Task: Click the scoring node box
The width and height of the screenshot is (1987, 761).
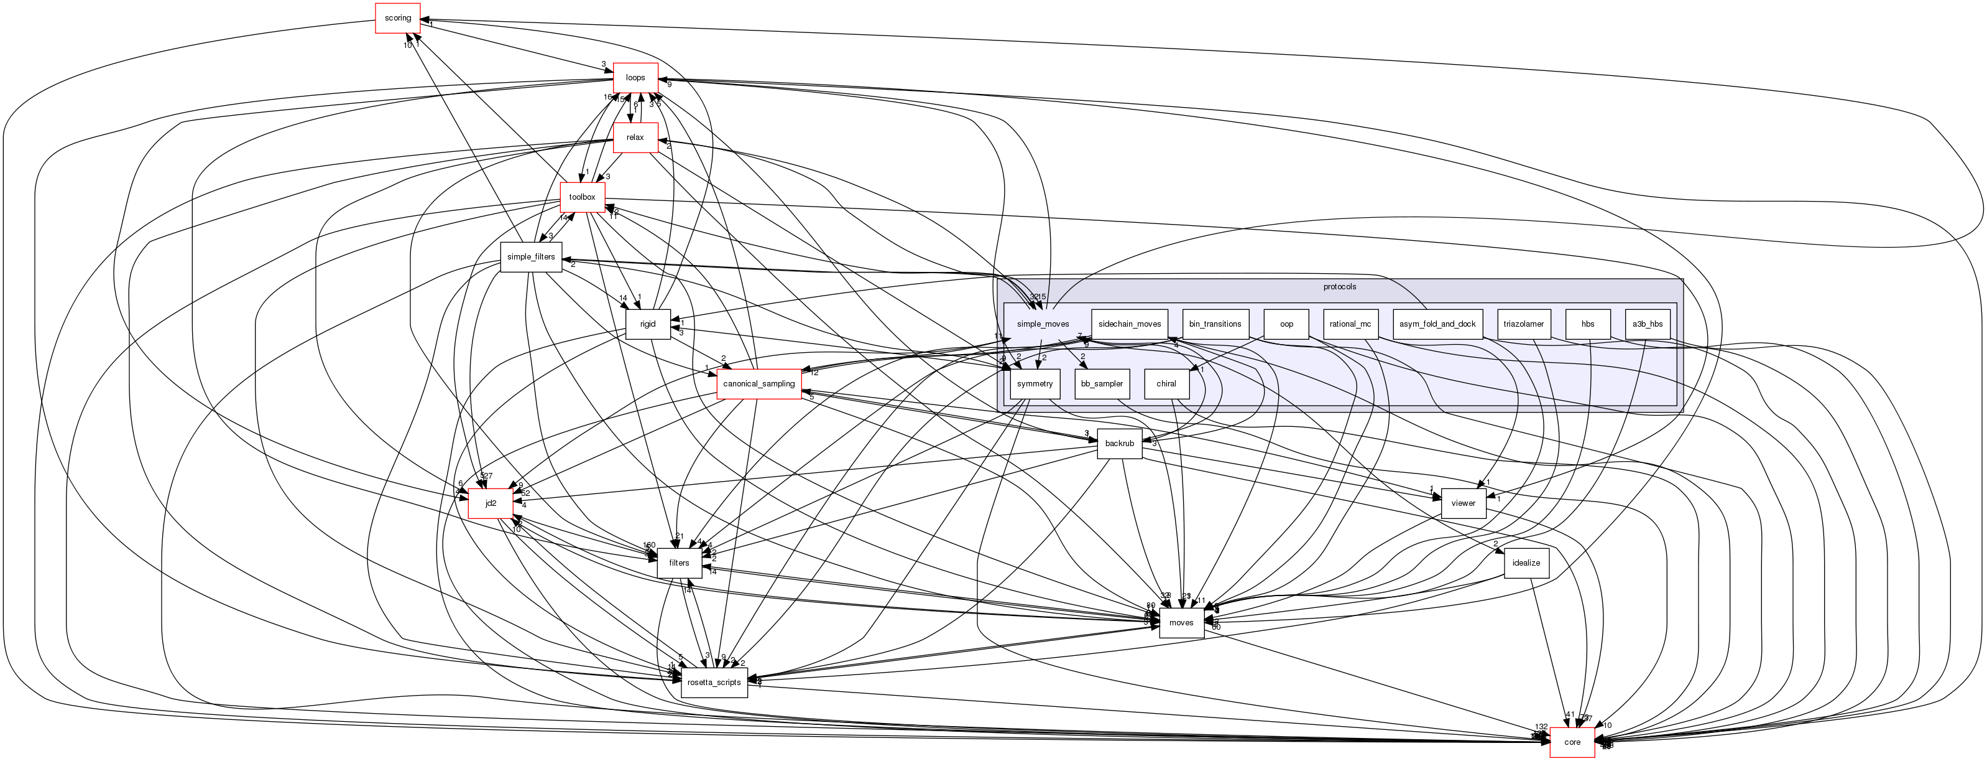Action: coord(397,19)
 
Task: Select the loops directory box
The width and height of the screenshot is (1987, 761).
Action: coord(635,78)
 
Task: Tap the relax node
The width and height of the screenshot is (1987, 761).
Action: coord(635,138)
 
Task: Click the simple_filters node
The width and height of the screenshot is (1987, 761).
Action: coord(531,257)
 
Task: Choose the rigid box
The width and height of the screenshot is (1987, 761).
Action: coord(647,324)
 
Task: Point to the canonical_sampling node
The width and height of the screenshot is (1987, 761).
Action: coord(758,383)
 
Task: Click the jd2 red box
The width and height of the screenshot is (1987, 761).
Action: coord(491,503)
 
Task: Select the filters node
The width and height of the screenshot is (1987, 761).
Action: coord(679,563)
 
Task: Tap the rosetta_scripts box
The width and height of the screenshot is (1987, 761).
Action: coord(714,682)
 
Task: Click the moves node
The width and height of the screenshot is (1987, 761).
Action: coord(1181,623)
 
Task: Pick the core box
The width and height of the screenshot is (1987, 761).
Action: coord(1572,742)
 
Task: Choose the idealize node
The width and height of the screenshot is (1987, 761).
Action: coord(1526,563)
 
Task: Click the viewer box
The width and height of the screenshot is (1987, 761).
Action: coord(1462,503)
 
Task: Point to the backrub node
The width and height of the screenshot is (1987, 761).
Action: coord(1119,444)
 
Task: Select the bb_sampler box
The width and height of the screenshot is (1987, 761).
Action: coord(1102,383)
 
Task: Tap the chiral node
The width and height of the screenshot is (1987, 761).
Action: coord(1166,383)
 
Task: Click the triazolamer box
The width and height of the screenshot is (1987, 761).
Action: coord(1523,324)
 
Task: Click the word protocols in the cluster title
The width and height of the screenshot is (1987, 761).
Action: coord(1339,287)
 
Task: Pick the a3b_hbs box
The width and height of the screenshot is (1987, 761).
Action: coord(1648,324)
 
